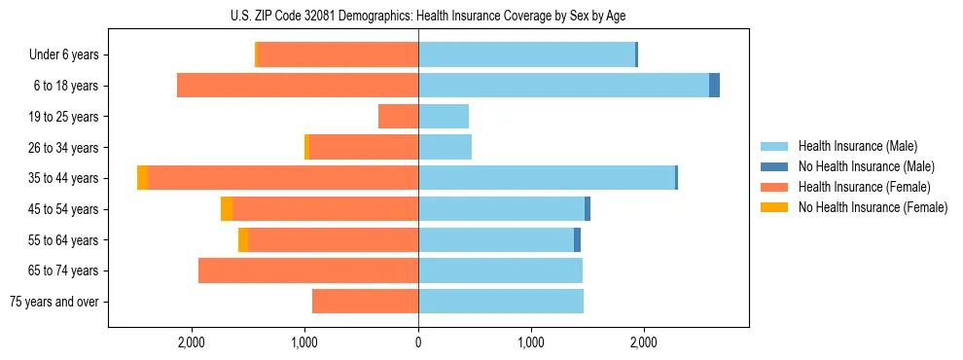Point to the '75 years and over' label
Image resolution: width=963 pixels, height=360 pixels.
pos(54,302)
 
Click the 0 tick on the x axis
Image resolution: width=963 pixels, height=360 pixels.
pos(418,342)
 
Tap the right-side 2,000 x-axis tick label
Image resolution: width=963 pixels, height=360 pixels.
pos(644,342)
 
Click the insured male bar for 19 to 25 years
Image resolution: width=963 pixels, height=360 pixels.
pos(444,117)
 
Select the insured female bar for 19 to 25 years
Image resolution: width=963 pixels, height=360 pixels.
pos(399,117)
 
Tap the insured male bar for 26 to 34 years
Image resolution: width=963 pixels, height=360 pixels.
pos(445,147)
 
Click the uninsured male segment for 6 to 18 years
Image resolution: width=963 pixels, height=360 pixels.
pos(714,86)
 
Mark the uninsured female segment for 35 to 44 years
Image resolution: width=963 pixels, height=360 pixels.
pos(142,178)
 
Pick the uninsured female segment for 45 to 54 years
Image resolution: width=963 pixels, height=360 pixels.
pos(227,209)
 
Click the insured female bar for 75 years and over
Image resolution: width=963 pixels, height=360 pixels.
pos(365,302)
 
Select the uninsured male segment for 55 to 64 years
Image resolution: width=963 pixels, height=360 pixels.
pos(577,239)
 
